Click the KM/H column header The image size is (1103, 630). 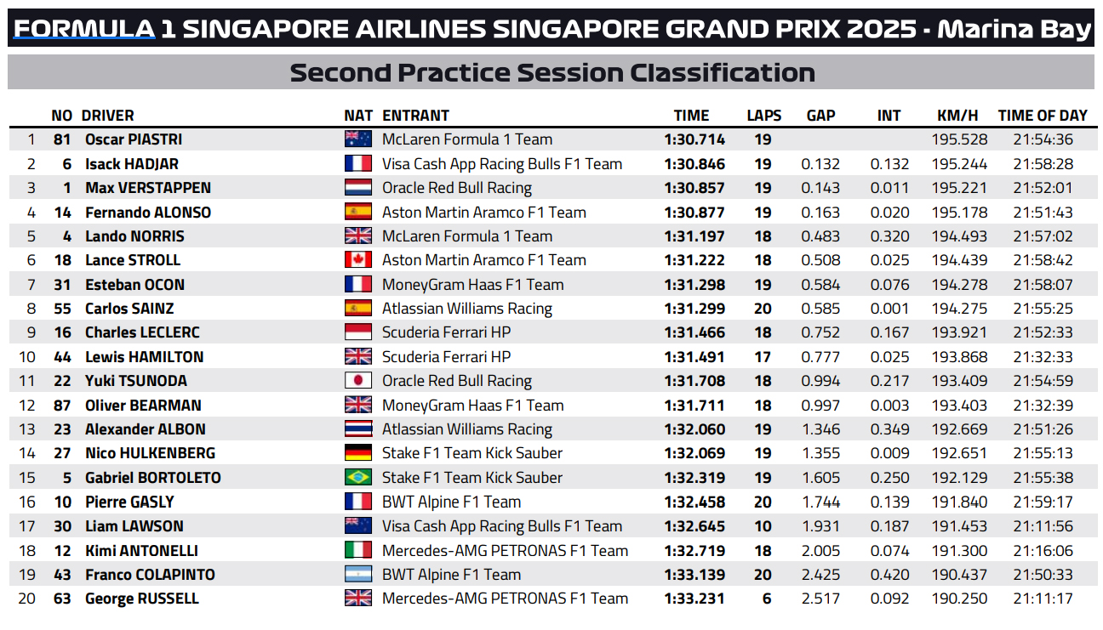coord(957,116)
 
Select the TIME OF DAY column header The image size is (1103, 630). coord(1043,116)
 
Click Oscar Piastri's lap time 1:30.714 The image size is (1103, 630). coord(694,139)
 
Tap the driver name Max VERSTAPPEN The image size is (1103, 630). coord(148,188)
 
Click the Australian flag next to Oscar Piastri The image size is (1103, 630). coord(358,139)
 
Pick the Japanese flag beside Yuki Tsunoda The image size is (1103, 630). coord(358,381)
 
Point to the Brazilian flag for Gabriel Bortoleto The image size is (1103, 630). coord(358,477)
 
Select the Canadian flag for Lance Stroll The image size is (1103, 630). coord(358,260)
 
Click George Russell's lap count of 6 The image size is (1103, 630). coord(767,599)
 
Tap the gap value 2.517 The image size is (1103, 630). coord(820,599)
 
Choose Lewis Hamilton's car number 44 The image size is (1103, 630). coord(62,357)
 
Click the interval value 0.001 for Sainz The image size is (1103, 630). coord(889,309)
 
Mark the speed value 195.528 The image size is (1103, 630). coord(959,139)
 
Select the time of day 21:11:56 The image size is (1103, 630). coord(1043,526)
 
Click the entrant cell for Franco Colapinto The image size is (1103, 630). coord(451,575)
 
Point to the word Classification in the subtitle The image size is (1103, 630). coord(722,72)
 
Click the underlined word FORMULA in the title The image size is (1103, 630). coord(84,30)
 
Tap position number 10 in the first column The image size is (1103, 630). coord(27,357)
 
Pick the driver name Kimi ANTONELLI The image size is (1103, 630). coord(141,551)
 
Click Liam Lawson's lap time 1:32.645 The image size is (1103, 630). coord(694,526)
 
